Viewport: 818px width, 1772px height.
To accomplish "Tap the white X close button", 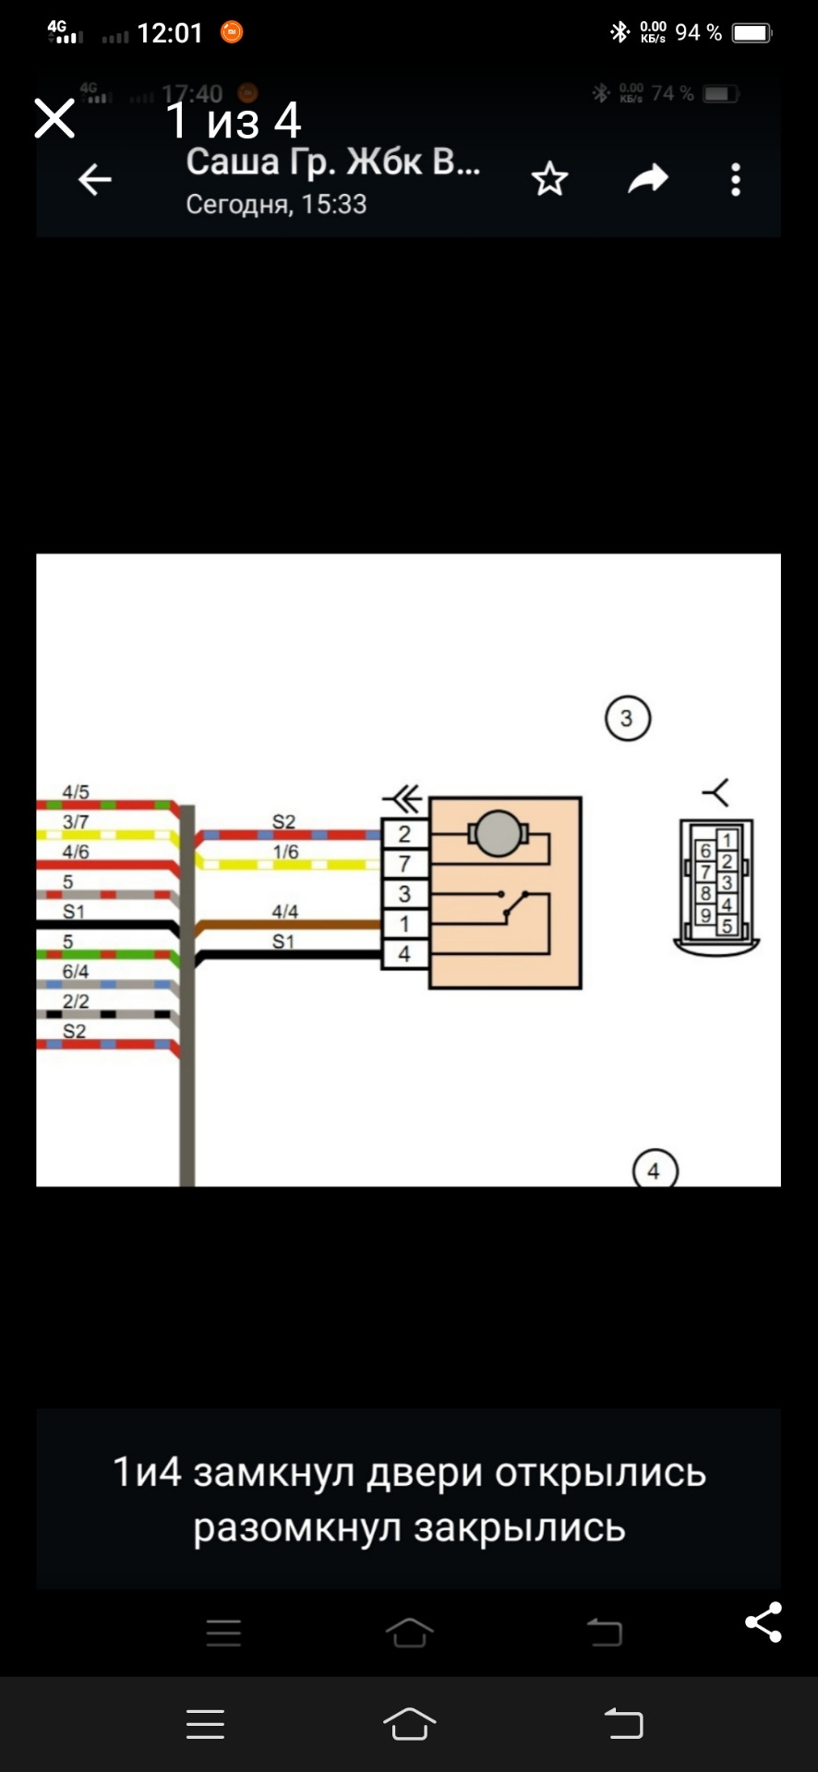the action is [54, 119].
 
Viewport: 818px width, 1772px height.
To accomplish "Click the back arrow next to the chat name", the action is [94, 180].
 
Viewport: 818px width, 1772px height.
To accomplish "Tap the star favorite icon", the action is [549, 179].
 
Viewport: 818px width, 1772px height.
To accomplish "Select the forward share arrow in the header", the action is [648, 179].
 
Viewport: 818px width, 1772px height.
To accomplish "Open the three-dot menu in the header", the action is [736, 180].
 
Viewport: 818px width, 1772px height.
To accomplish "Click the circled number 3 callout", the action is [628, 718].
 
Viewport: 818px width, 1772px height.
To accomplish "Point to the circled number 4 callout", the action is [655, 1169].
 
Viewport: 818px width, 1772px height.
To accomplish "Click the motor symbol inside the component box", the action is [498, 834].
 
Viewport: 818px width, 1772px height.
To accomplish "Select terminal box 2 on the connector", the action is [404, 834].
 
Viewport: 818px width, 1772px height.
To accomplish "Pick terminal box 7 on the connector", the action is [404, 865].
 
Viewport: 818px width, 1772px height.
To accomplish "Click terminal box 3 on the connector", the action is [404, 894].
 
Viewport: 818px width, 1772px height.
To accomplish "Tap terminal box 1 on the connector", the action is [404, 924].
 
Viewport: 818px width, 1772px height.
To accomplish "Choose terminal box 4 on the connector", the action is [404, 954].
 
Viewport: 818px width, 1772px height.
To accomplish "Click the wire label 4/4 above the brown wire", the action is [285, 912].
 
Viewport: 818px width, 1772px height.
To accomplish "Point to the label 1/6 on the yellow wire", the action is [286, 852].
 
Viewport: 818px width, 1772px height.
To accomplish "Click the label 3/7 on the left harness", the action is [76, 821].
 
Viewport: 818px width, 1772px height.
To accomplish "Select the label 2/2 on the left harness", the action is [76, 1001].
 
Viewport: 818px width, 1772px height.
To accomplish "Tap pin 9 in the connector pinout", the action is [705, 916].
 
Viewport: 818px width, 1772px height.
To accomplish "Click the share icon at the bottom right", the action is [764, 1622].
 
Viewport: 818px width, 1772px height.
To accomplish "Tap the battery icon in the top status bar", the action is [752, 33].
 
